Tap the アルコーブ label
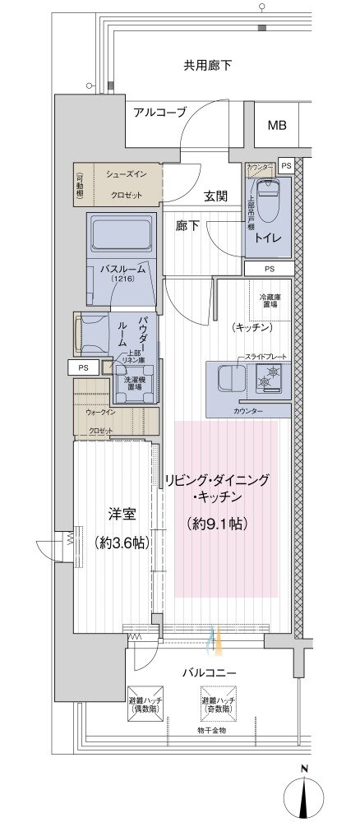tap(160, 113)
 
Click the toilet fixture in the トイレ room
tap(267, 197)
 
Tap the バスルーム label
tap(122, 269)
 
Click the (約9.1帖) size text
tap(217, 523)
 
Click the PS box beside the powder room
tap(84, 367)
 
